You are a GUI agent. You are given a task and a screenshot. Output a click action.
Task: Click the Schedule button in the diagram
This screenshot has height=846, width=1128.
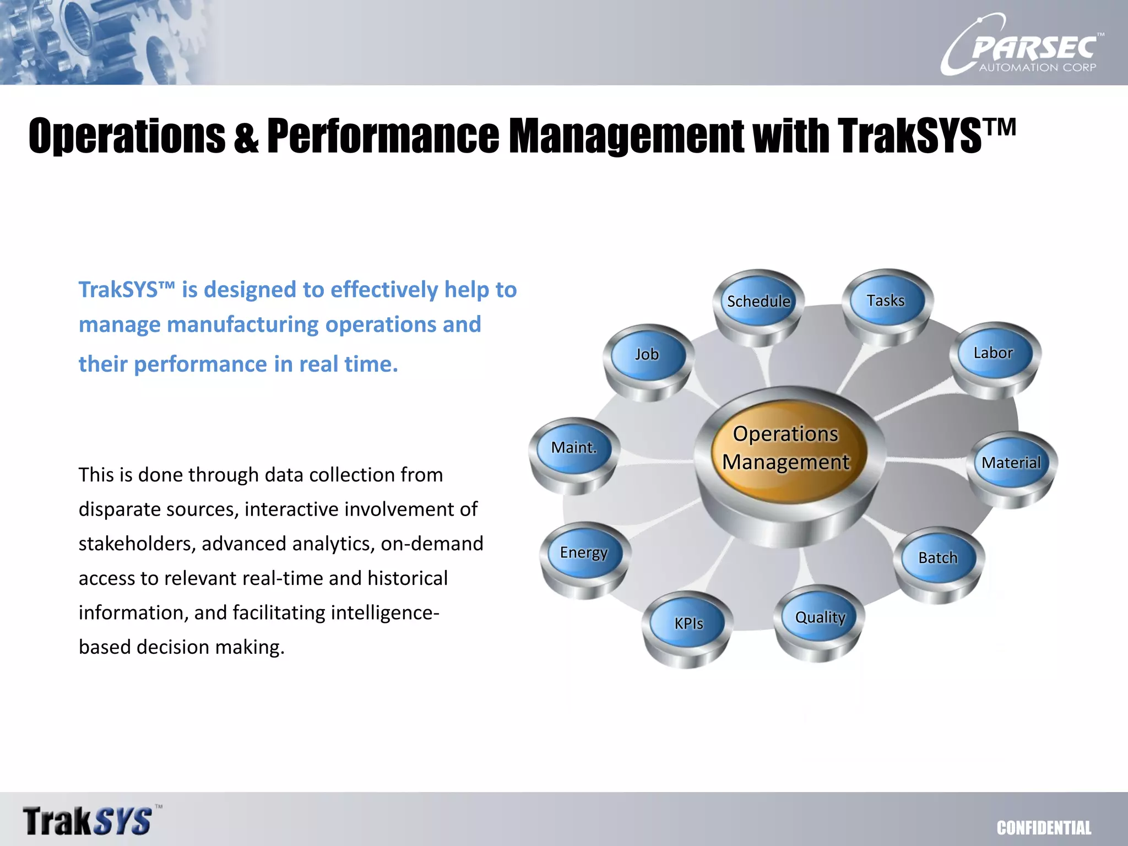[758, 301]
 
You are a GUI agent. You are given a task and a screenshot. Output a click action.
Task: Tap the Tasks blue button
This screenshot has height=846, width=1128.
[886, 300]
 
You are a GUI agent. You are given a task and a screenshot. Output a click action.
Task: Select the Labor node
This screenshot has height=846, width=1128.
[993, 352]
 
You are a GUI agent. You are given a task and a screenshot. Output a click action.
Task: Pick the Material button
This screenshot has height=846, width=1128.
[1011, 462]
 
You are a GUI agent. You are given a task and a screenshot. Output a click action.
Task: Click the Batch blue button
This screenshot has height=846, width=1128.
[937, 557]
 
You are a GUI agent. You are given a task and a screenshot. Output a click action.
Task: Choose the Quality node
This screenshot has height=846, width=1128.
[820, 617]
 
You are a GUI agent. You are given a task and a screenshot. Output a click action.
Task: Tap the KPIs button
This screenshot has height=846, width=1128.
[688, 623]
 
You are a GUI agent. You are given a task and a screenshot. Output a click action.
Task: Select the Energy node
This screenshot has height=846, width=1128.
[584, 552]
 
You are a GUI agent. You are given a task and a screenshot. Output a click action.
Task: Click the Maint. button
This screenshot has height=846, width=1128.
[574, 447]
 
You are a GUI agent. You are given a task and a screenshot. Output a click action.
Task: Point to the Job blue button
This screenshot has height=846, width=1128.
[647, 354]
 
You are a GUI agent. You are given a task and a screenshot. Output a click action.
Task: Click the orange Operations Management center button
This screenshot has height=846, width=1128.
[786, 448]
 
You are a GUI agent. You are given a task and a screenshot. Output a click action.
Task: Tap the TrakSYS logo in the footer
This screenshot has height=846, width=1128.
[88, 821]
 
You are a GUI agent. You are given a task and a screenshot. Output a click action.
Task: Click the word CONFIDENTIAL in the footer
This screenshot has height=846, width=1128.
[1044, 828]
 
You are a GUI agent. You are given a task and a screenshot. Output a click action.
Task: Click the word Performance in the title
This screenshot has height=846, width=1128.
[383, 135]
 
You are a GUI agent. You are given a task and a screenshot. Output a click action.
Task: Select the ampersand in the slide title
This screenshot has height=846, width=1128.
[246, 138]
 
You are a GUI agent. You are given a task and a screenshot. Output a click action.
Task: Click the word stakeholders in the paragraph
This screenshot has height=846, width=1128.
[137, 544]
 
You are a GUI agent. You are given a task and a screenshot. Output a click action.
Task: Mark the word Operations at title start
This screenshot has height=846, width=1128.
[127, 135]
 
